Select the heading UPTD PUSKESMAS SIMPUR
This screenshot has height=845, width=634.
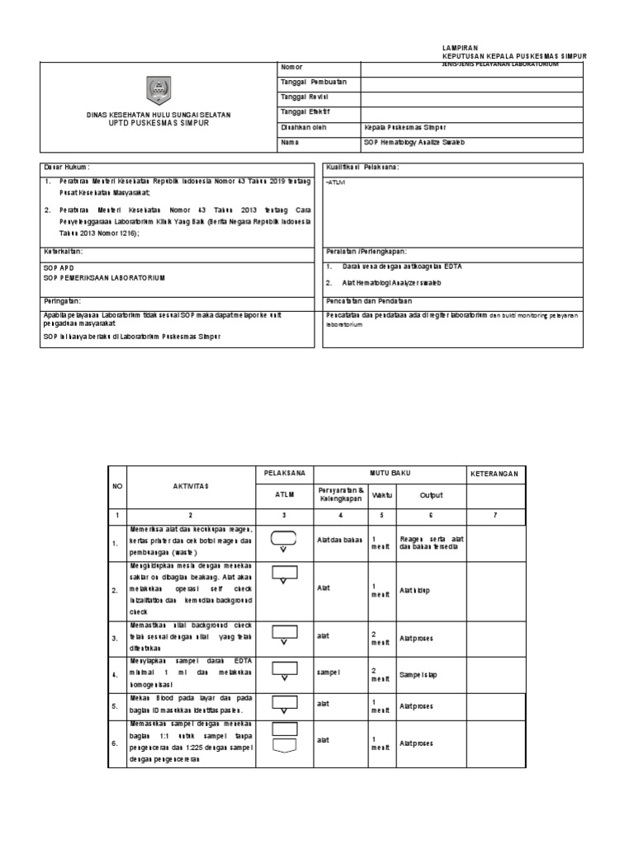coord(160,122)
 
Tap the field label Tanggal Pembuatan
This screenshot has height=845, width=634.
coord(314,83)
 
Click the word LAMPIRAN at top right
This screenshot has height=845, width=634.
coord(461,49)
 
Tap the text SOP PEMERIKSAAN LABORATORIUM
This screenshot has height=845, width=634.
coord(104,278)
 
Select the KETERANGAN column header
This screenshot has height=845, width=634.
coord(495,474)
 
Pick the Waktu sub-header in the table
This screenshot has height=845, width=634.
coord(381,496)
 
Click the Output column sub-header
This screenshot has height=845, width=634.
coord(431,496)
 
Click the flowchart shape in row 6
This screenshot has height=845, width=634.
coord(283,737)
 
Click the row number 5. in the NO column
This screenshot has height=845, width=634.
coord(116,707)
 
